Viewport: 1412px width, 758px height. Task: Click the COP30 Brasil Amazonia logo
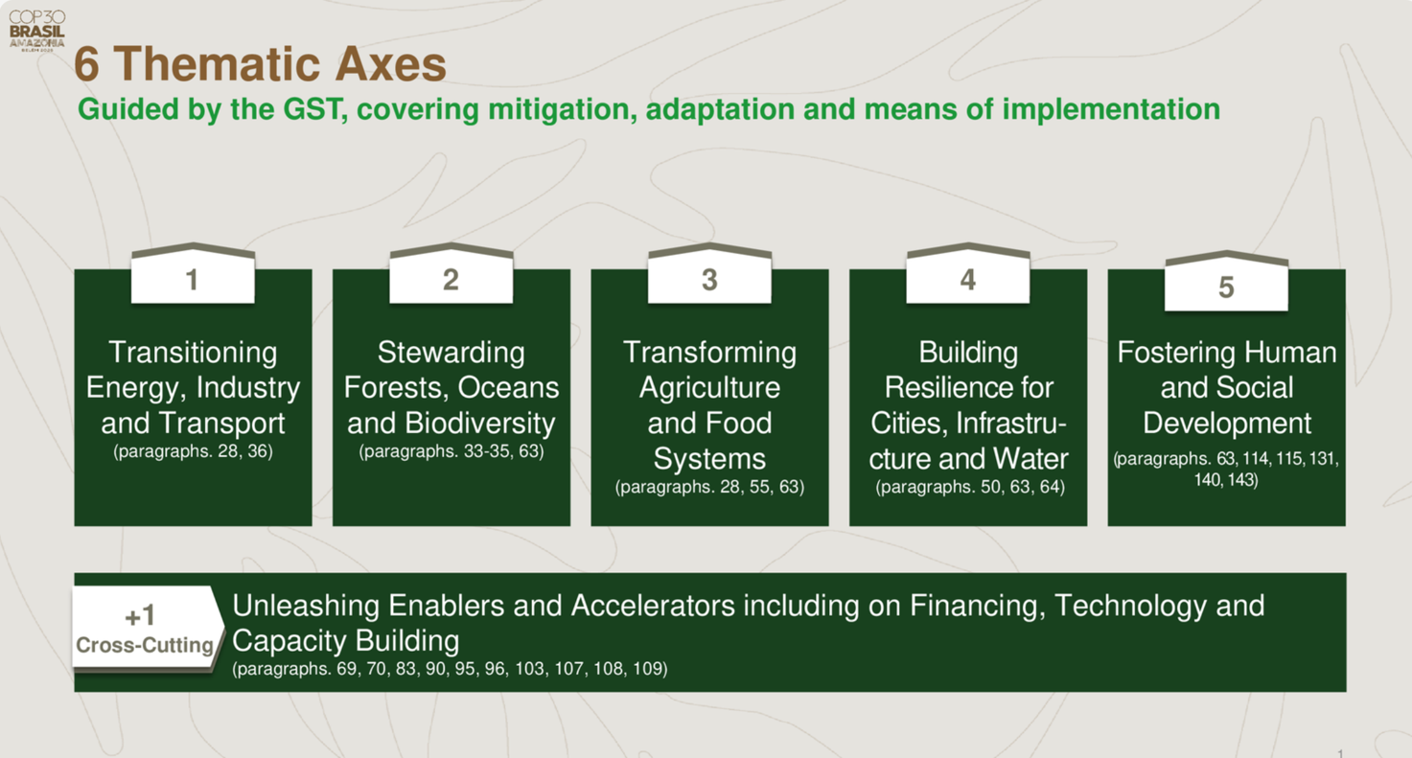click(36, 31)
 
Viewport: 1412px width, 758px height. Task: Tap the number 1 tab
click(193, 273)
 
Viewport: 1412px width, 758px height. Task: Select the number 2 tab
click(451, 273)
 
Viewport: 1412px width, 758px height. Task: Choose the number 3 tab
click(709, 273)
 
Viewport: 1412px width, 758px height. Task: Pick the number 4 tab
click(968, 273)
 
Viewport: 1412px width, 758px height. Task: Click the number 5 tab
click(1226, 281)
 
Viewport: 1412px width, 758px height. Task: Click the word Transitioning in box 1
click(193, 353)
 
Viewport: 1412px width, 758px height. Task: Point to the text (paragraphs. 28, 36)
click(193, 451)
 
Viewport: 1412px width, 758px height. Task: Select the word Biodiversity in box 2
click(480, 424)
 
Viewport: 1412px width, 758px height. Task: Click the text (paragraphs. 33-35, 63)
click(451, 451)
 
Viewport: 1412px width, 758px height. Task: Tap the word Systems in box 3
click(709, 459)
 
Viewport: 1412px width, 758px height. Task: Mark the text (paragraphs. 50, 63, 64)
click(970, 487)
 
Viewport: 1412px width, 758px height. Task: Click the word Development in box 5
click(1227, 424)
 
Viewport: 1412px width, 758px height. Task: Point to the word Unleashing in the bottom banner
click(306, 606)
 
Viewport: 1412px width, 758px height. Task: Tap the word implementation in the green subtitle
click(1111, 109)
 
